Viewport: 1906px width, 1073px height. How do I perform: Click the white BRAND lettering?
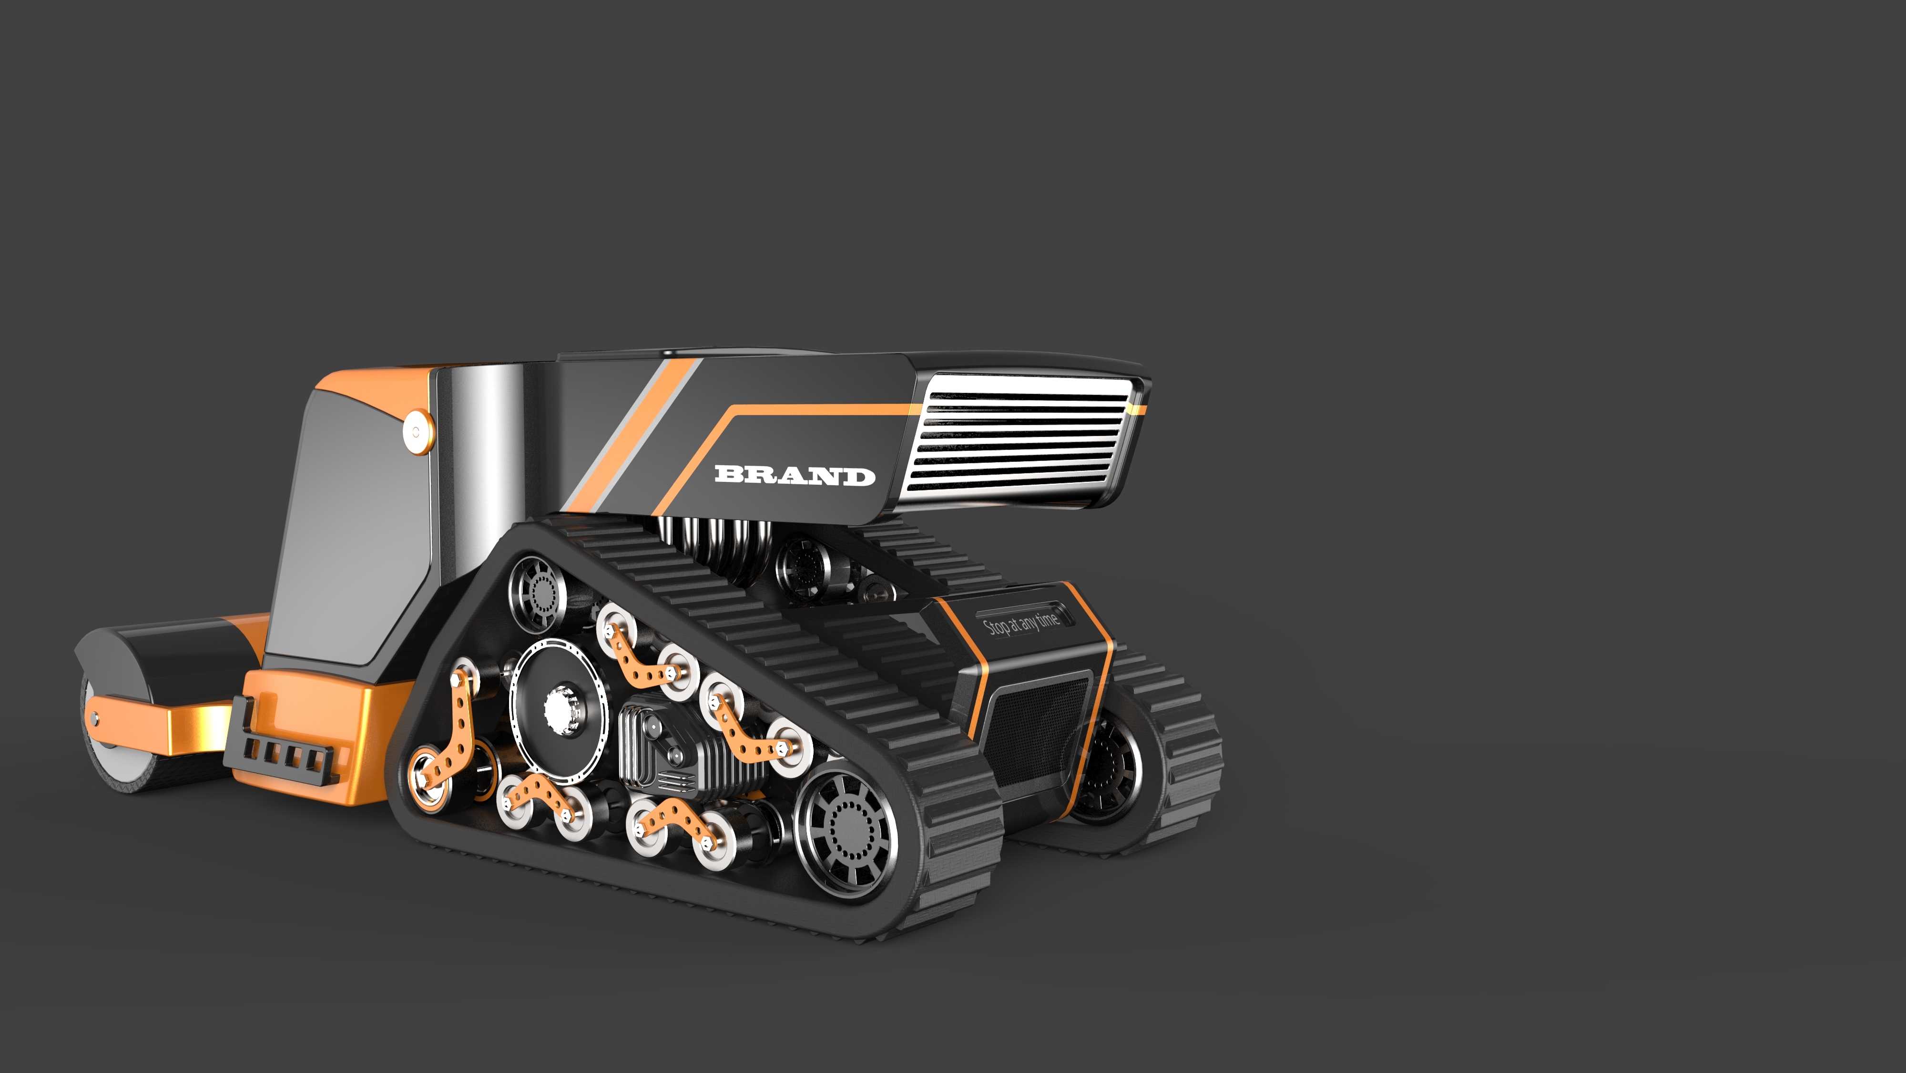click(x=795, y=475)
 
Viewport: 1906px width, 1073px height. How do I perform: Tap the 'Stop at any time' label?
click(x=1021, y=623)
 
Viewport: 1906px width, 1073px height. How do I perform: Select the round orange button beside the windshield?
click(x=416, y=431)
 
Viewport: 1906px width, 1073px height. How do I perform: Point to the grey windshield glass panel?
click(x=355, y=533)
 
